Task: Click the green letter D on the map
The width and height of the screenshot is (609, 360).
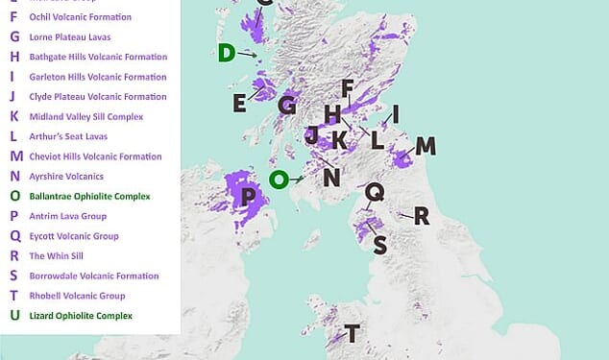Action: coord(227,52)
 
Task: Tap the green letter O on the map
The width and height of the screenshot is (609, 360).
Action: coord(279,179)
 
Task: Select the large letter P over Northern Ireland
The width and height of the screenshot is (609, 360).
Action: coord(249,197)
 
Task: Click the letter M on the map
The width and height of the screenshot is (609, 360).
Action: coord(425,146)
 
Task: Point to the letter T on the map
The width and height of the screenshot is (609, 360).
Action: coord(353,334)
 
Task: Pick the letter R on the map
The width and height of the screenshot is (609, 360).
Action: coord(421,216)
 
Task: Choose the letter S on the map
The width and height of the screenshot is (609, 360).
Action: coord(379,246)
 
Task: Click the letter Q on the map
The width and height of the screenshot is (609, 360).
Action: coord(376,193)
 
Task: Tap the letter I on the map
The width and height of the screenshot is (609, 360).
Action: coord(395,114)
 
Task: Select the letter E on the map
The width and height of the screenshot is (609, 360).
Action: coord(239,103)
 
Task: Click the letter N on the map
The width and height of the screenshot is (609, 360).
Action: coord(332,177)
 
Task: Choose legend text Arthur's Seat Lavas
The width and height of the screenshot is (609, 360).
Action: coord(68,136)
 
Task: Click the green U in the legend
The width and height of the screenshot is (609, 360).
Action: coord(13,316)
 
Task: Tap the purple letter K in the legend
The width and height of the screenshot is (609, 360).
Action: coord(13,116)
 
